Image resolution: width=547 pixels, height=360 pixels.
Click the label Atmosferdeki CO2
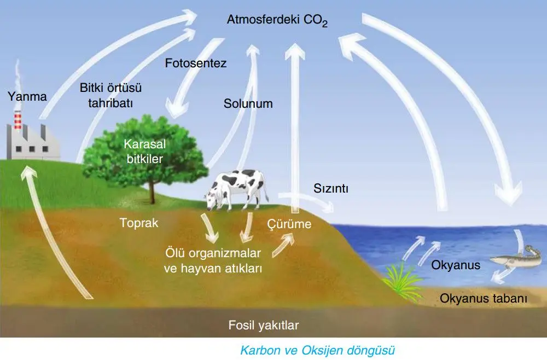277,20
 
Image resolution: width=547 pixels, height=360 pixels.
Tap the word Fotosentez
196,63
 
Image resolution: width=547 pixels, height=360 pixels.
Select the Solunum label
248,103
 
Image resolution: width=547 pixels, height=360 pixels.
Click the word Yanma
27,96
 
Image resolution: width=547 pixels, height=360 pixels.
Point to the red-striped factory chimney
18,120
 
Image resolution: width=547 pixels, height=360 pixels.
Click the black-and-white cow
236,190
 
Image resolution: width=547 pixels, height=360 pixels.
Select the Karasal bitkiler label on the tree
145,152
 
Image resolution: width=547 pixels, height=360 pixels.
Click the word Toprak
139,223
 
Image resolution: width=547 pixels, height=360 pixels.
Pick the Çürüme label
289,224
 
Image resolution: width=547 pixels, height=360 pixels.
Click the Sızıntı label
331,188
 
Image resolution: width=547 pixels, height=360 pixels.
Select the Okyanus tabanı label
483,298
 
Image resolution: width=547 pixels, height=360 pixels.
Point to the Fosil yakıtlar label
264,325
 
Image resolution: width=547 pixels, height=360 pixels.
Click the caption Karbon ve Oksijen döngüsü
317,350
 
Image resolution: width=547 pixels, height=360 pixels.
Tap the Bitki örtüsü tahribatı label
110,95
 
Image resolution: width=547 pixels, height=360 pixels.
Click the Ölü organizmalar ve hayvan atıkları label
213,260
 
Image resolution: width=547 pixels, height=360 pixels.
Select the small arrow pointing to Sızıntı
306,201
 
